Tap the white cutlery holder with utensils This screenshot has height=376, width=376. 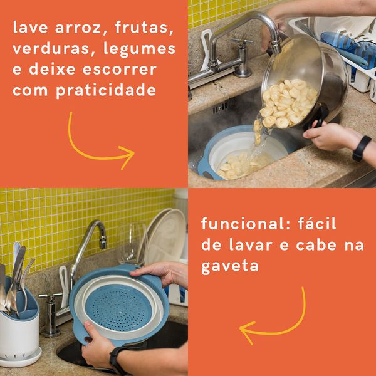(x=19, y=326)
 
